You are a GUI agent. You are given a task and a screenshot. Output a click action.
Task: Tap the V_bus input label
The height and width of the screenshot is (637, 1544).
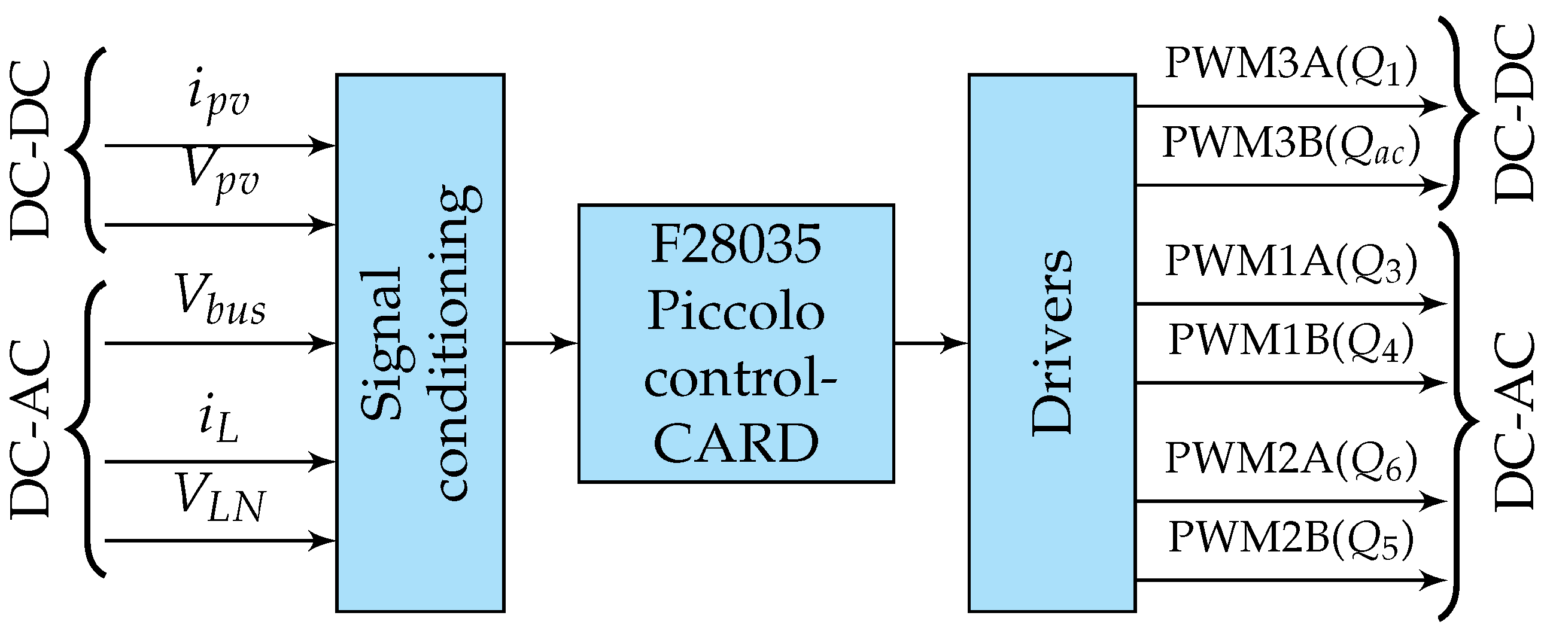coord(221,300)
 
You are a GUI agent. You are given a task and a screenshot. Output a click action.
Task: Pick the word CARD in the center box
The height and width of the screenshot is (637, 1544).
coord(735,443)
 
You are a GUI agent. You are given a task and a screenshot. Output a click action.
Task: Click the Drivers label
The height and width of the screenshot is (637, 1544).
coord(1051,343)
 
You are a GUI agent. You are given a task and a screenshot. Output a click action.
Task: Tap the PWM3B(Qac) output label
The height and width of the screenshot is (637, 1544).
coord(1291,144)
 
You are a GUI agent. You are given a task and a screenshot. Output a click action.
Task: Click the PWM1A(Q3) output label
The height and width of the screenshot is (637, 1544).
coord(1291,262)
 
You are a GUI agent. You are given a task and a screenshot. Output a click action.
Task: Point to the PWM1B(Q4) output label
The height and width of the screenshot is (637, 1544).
coord(1291,341)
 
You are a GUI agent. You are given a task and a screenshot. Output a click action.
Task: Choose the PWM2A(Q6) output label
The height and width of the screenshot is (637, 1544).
coord(1291,459)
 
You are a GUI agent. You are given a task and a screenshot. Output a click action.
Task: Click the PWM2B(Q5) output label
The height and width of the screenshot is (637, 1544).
coord(1291,538)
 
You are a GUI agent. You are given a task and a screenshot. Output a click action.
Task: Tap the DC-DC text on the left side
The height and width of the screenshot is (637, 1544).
coord(31,150)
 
